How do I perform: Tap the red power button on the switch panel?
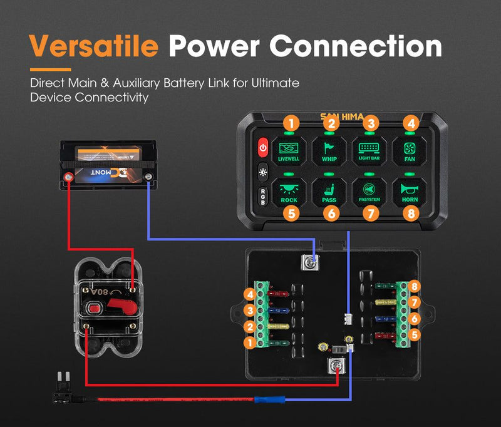263,149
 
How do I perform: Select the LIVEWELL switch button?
289,150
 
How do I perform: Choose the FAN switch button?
410,150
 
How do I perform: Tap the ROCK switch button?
289,191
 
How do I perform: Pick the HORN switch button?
410,191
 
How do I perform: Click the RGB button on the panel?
263,194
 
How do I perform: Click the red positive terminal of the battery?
70,178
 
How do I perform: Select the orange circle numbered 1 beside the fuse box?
249,343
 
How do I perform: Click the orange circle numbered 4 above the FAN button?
410,123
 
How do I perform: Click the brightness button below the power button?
263,172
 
